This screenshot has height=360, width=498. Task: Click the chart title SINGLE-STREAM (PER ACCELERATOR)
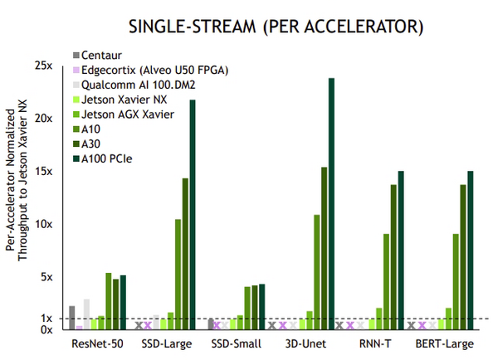[273, 27]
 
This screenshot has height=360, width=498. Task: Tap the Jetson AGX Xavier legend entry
[128, 113]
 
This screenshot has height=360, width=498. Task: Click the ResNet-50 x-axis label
[98, 344]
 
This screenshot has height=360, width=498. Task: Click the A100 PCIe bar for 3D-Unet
[331, 203]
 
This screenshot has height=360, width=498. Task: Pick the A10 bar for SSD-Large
[178, 274]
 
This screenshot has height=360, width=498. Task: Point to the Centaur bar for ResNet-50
[71, 318]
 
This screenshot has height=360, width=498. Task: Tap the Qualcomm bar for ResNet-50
[86, 314]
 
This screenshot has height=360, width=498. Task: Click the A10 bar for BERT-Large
[456, 281]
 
